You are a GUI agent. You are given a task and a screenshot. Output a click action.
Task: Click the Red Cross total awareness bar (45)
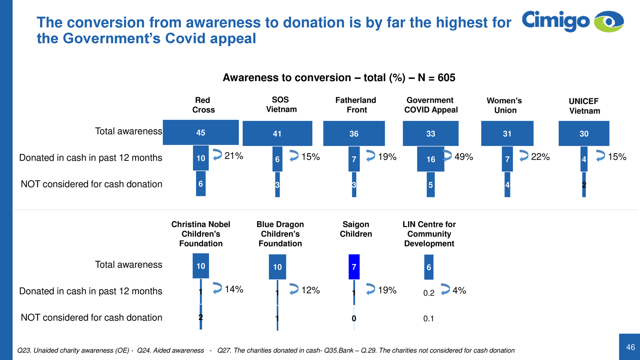[x=200, y=132]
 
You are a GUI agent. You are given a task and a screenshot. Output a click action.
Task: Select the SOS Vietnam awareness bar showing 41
[x=277, y=134]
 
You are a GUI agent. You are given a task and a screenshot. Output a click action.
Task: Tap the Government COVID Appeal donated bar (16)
[x=430, y=159]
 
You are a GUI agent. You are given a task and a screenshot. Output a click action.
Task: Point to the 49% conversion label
[x=464, y=157]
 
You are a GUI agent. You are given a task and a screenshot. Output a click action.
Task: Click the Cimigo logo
[x=572, y=21]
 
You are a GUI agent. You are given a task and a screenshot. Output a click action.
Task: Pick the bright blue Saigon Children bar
[x=354, y=267]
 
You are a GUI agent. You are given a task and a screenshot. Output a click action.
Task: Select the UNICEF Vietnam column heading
[x=584, y=106]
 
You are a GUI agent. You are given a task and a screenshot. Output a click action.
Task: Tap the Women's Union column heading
[x=505, y=105]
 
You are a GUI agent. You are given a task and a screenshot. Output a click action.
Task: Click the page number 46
[x=630, y=347]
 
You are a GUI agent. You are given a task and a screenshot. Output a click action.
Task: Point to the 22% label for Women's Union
[x=540, y=157]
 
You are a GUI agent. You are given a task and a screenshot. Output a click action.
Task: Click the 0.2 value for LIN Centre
[x=429, y=293]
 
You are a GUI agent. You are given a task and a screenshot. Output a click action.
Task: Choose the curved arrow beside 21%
[x=217, y=155]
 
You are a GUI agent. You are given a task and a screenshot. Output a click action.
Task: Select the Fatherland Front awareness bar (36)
[x=354, y=134]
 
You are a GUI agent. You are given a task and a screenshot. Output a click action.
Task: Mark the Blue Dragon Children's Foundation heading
[x=280, y=234]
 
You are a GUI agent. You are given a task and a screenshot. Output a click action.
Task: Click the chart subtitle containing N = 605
[x=339, y=78]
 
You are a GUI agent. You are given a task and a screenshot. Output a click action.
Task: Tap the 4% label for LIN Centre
[x=459, y=290]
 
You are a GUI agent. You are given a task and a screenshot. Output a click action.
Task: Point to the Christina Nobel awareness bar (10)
[x=201, y=266]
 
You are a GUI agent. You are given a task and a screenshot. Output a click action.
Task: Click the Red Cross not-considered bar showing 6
[x=201, y=184]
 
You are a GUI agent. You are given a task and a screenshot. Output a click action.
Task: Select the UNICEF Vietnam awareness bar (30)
[x=584, y=134]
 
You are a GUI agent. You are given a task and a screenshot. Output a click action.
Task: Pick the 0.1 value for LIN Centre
[x=428, y=319]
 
